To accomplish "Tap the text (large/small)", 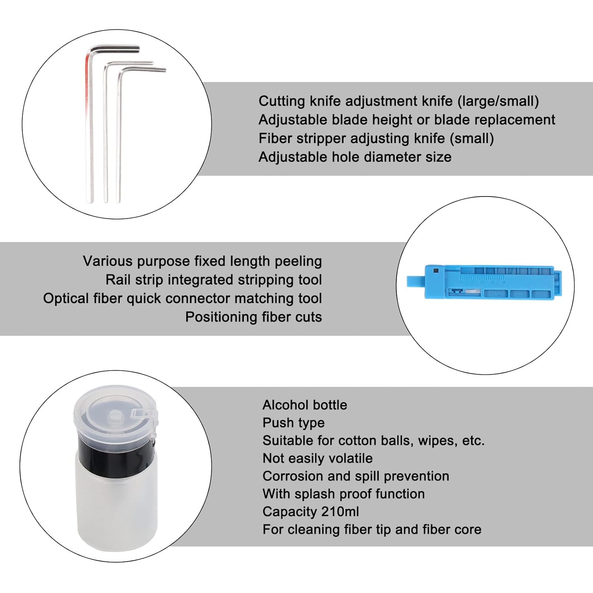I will pyautogui.click(x=498, y=101).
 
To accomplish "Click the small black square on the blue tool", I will pyautogui.click(x=436, y=271).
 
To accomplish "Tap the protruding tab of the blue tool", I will pyautogui.click(x=415, y=281).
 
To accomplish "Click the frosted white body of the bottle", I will pyautogui.click(x=117, y=502).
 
